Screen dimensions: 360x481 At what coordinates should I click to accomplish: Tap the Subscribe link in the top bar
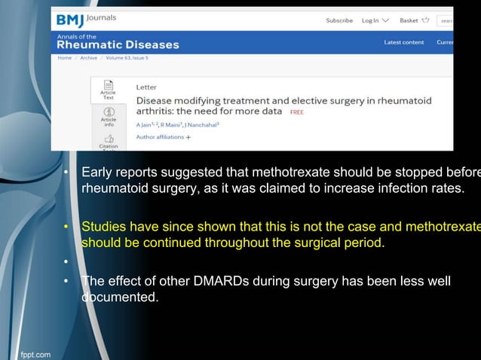(339, 20)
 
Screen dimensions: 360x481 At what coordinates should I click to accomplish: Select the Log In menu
(375, 20)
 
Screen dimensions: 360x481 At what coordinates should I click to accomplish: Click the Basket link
(414, 20)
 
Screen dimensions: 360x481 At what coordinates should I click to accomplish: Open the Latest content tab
(403, 42)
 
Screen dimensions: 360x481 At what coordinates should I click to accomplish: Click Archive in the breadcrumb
(88, 57)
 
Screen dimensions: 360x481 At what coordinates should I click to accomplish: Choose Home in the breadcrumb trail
(64, 57)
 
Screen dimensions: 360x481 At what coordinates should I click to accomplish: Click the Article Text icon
(109, 90)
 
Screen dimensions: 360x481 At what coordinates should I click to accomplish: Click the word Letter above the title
(146, 87)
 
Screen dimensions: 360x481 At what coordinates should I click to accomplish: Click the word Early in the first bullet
(97, 172)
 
